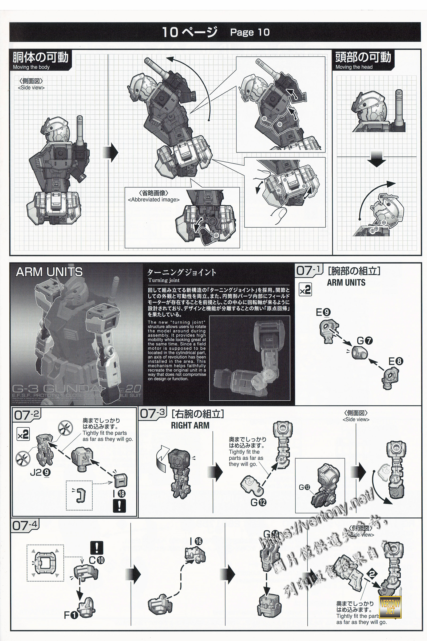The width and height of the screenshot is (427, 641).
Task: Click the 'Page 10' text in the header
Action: (250, 32)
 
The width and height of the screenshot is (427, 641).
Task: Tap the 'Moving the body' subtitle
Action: (31, 67)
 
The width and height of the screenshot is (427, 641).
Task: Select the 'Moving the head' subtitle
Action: (354, 67)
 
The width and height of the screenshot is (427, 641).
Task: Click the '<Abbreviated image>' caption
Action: (154, 200)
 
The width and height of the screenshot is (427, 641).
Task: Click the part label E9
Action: (323, 312)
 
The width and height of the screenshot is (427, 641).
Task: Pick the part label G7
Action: (365, 341)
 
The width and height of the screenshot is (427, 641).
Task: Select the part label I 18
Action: (119, 494)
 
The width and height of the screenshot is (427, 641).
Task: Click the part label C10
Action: (97, 560)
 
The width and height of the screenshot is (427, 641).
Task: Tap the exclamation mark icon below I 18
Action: (119, 506)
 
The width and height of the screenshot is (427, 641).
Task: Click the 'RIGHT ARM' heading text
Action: (190, 425)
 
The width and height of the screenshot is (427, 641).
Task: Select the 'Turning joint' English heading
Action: (164, 280)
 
